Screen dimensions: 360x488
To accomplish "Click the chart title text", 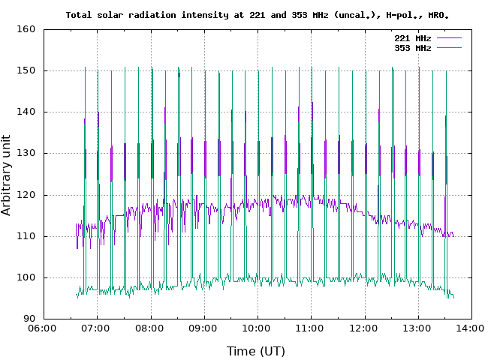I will (258, 14).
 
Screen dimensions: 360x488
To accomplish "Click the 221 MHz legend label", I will (413, 37).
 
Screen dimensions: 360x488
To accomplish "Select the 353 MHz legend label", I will (413, 47).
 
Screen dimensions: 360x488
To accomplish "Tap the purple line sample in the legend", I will (448, 37).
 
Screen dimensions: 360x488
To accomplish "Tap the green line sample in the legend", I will (448, 47).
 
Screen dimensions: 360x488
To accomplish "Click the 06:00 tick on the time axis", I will (44, 328).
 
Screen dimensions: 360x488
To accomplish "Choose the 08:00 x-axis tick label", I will (151, 328).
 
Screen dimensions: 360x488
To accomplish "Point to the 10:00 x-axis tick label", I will (258, 328).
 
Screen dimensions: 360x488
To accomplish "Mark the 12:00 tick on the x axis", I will (364, 328).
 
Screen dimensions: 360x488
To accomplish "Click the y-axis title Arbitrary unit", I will (8, 175).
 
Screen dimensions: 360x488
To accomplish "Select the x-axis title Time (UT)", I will (256, 350).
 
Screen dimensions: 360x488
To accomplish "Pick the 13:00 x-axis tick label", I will (417, 328).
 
